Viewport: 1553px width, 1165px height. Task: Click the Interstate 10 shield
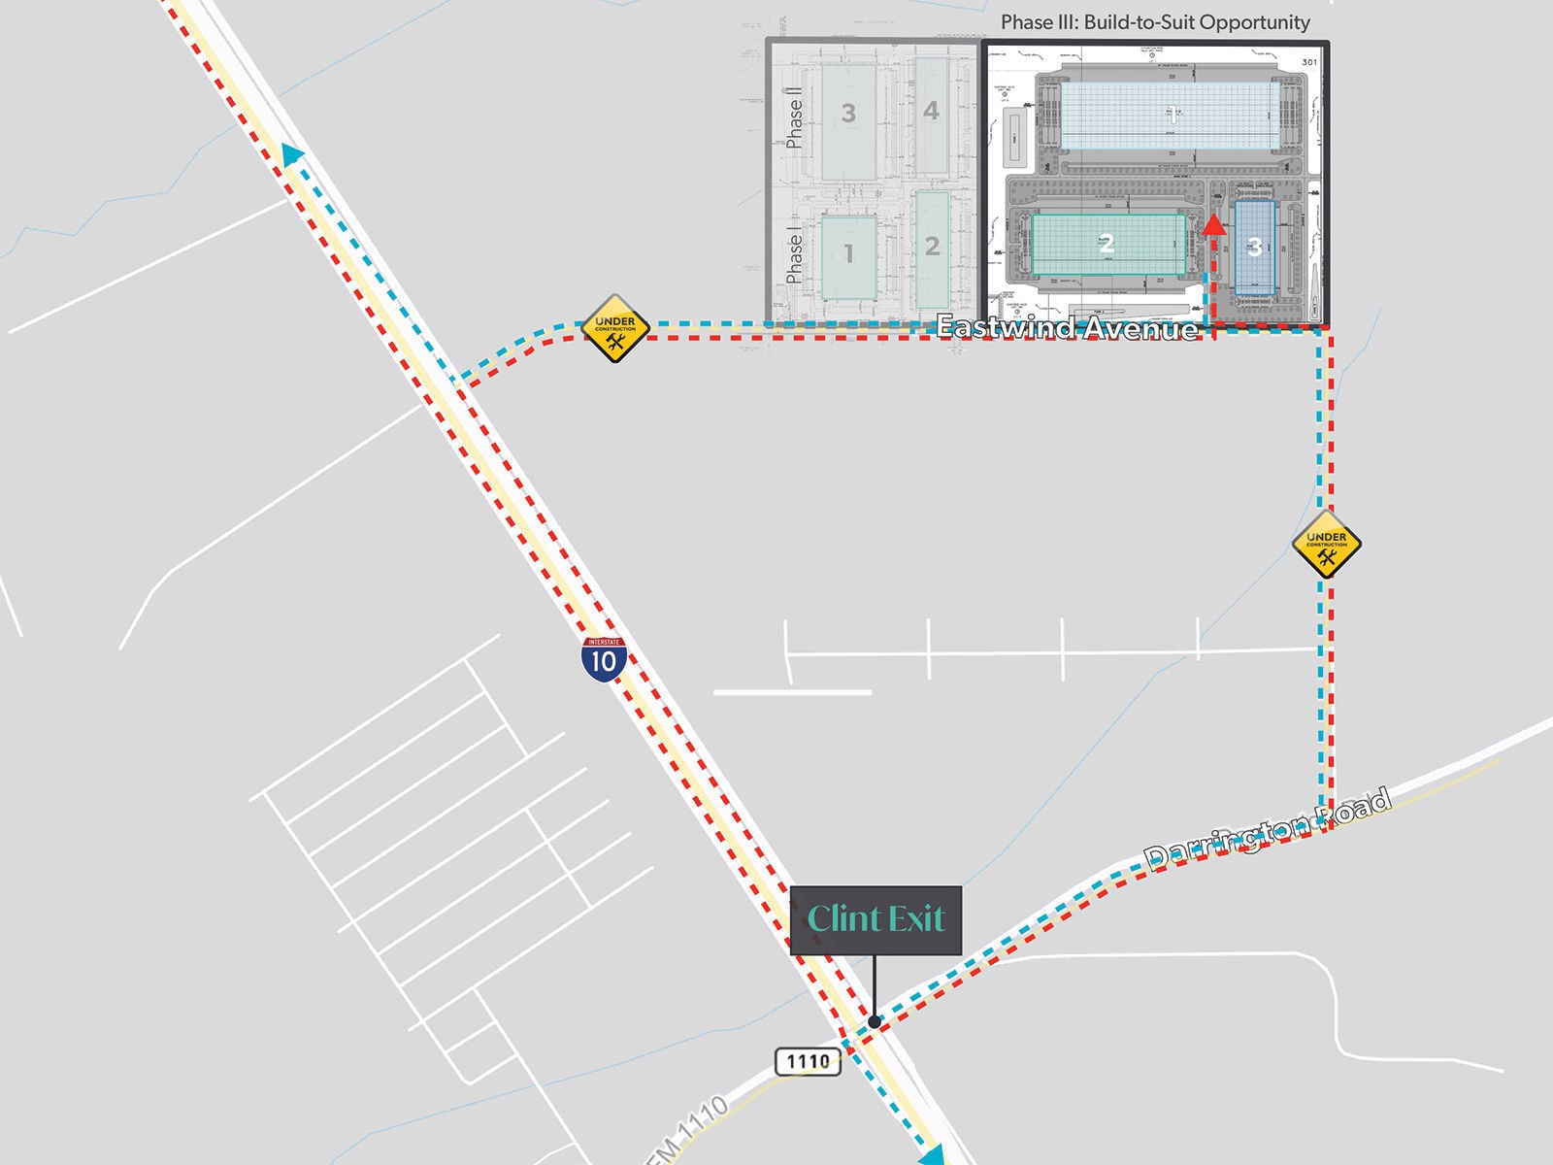point(604,659)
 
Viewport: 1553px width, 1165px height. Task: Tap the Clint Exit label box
point(876,919)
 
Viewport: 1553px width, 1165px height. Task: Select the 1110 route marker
point(808,1061)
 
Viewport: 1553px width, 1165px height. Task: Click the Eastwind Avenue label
point(1067,327)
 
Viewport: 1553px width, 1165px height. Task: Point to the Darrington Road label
point(1268,829)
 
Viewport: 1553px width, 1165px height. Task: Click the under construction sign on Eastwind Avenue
point(614,328)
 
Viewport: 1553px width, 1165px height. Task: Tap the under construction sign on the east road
point(1326,544)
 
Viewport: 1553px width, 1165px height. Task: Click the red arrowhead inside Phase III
point(1213,225)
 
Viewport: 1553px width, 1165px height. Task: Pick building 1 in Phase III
point(1170,115)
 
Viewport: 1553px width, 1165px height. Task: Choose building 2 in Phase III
point(1107,245)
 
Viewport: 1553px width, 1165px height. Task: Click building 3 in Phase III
point(1254,248)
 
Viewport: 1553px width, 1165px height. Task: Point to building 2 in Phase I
point(932,249)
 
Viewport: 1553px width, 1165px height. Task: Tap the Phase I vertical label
point(795,257)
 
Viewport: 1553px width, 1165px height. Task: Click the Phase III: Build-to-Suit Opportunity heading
point(1155,21)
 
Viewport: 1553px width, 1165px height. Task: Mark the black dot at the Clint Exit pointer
point(875,1021)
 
